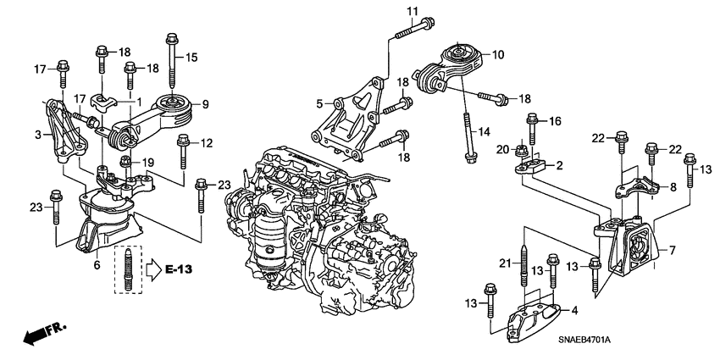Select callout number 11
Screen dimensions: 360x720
coord(412,10)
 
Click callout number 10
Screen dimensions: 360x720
coord(497,54)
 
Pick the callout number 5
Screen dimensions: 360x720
coord(319,103)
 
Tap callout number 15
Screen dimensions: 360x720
coord(191,58)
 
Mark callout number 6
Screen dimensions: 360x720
coord(97,265)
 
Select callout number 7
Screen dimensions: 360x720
coord(672,250)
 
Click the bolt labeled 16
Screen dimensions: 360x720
coord(533,129)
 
